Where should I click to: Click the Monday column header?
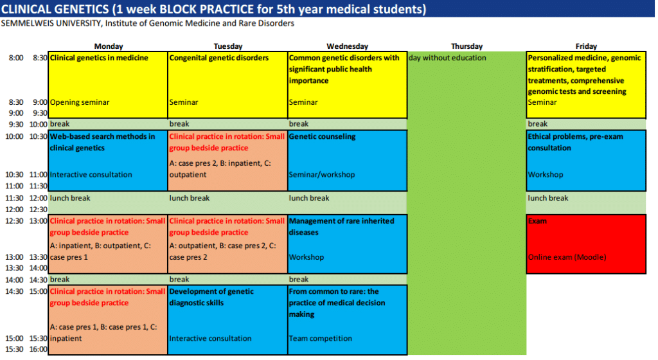108,46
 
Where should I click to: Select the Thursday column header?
467,46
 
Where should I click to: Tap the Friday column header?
586,46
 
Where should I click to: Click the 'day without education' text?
448,58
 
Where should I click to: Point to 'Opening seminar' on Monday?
80,102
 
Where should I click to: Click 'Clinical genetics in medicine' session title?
99,58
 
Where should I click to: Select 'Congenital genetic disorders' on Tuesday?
219,58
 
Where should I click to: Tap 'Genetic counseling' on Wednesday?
322,136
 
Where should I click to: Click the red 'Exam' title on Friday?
537,221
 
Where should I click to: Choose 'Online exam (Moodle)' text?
567,257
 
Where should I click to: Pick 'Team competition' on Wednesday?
321,338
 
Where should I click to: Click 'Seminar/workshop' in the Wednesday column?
322,175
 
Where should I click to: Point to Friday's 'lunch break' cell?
548,198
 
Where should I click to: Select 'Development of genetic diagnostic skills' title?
212,297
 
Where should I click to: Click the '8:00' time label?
17,58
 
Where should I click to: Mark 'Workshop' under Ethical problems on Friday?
546,175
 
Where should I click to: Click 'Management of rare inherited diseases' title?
342,226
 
